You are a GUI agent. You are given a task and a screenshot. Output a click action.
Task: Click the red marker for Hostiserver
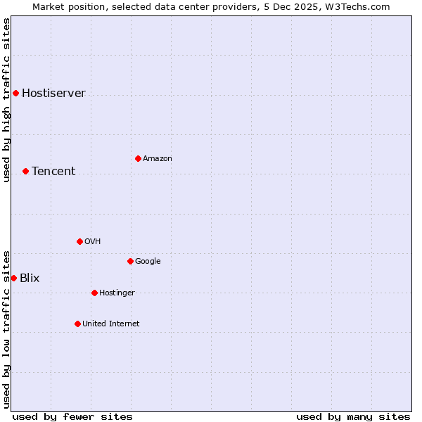15,93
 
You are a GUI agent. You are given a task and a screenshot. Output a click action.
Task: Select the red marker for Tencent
25,171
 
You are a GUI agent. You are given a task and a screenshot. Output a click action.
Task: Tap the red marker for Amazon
138,158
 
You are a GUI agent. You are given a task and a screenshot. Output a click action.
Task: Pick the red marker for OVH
79,241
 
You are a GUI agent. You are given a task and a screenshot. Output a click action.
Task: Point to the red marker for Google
130,261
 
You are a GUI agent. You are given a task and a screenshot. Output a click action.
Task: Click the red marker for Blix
13,278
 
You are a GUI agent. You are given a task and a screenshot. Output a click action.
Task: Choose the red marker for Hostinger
94,293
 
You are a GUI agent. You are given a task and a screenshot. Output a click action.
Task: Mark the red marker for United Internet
77,324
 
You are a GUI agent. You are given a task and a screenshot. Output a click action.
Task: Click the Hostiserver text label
53,93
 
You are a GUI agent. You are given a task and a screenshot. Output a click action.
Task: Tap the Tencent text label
53,171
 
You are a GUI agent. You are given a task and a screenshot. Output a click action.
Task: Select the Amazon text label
157,158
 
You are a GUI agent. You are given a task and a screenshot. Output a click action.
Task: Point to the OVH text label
93,241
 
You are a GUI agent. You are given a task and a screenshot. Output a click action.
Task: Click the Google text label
148,261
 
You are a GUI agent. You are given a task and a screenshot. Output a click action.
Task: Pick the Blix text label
30,278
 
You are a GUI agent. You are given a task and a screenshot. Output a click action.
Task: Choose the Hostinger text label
117,293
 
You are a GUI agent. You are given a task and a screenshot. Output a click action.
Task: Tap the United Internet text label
110,324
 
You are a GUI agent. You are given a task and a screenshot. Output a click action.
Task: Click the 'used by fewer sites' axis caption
72,416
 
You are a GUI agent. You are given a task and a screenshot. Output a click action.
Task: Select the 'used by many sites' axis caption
353,416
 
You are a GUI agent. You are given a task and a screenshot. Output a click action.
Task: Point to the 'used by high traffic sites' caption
6,100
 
